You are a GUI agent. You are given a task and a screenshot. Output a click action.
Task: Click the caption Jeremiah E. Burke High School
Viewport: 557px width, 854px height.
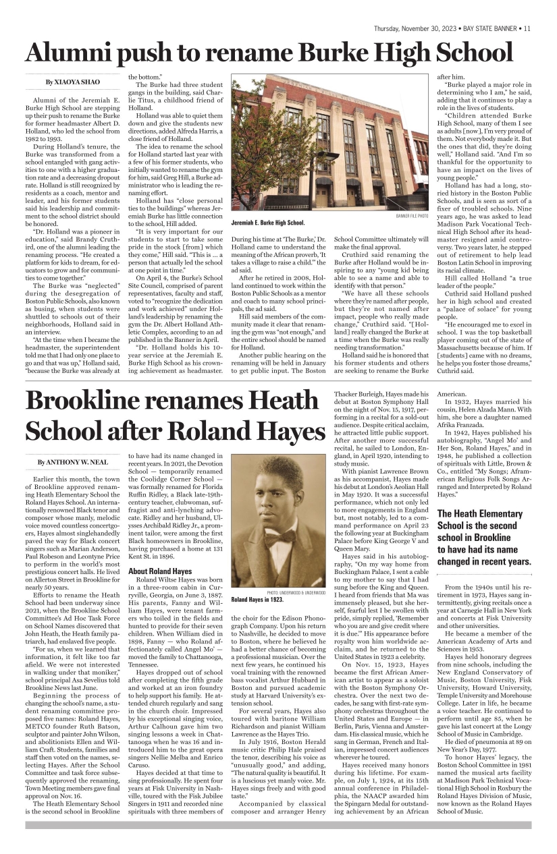click(267, 223)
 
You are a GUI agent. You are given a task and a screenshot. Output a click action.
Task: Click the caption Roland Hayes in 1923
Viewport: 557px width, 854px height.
click(257, 599)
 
